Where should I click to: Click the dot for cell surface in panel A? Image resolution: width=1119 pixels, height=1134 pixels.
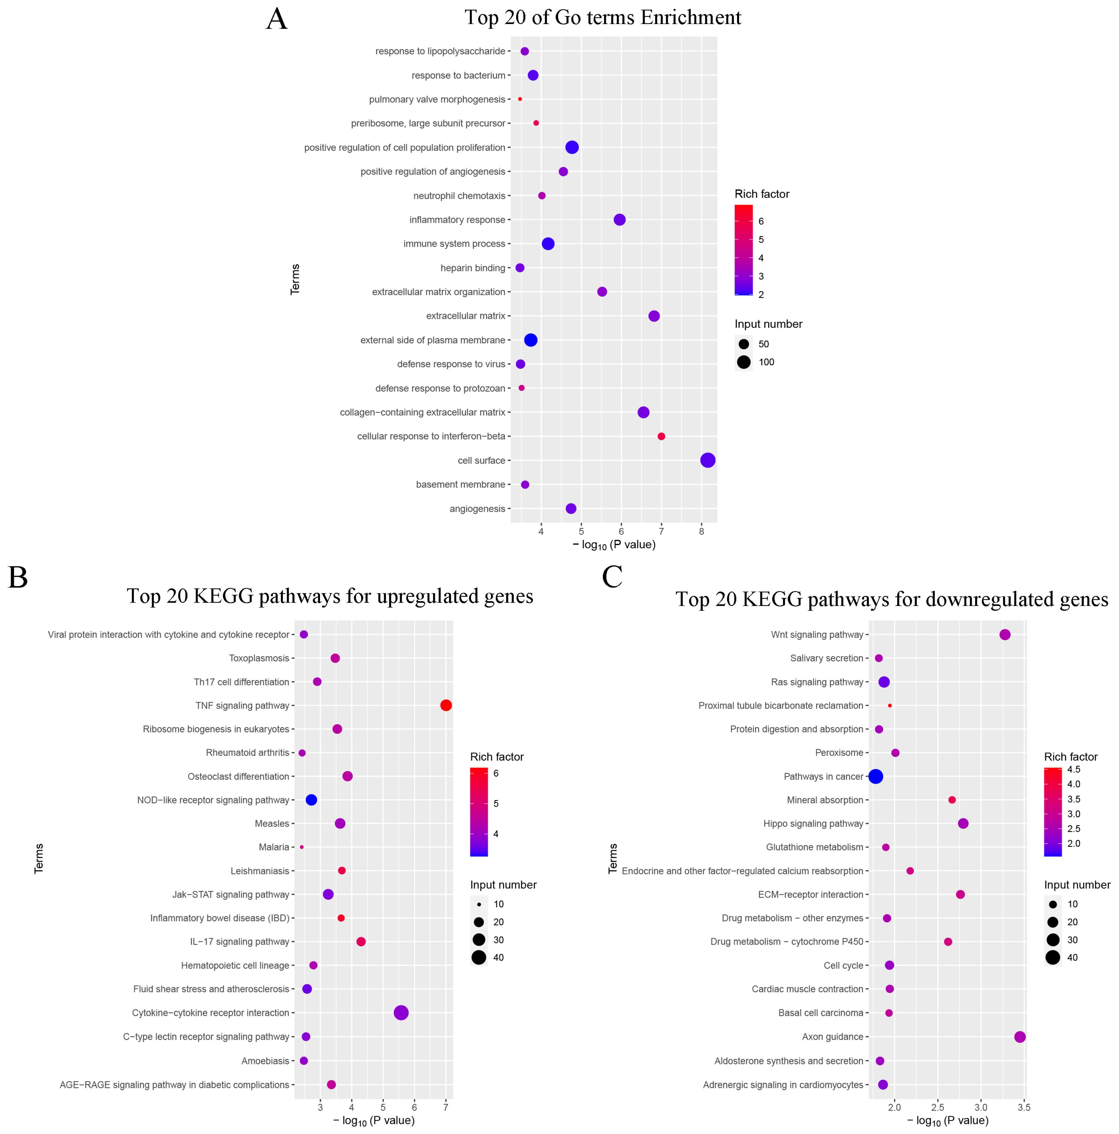point(707,460)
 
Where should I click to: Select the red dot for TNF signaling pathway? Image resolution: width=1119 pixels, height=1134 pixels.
point(446,705)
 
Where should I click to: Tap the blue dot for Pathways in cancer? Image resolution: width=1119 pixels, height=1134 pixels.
point(875,776)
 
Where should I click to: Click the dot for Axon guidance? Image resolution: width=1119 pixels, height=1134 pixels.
point(1020,1037)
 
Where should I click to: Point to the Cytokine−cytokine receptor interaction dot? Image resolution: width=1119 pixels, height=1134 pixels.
point(401,1013)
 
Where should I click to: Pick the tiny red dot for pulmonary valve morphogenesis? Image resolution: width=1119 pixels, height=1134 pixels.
point(519,99)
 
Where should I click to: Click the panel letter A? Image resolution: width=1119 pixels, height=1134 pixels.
point(276,19)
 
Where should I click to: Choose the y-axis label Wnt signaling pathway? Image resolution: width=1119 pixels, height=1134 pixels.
point(817,635)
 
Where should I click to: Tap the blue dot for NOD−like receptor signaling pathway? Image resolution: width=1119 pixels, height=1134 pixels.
point(311,800)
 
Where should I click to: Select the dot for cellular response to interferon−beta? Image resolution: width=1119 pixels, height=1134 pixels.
point(661,436)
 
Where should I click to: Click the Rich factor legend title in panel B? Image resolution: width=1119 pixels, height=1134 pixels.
point(497,756)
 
